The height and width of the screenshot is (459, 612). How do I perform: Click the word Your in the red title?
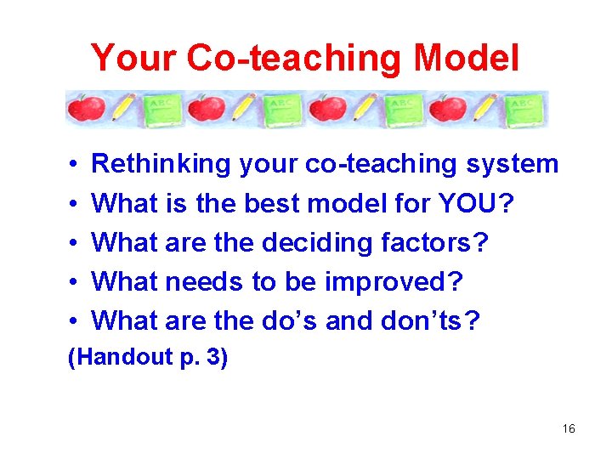pos(134,59)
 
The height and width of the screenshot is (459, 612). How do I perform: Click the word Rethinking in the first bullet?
pos(161,164)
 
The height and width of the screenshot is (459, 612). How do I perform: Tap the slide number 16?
pos(569,429)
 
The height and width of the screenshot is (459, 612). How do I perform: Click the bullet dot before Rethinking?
pos(75,165)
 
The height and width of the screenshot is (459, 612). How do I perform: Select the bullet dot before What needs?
pos(75,282)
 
